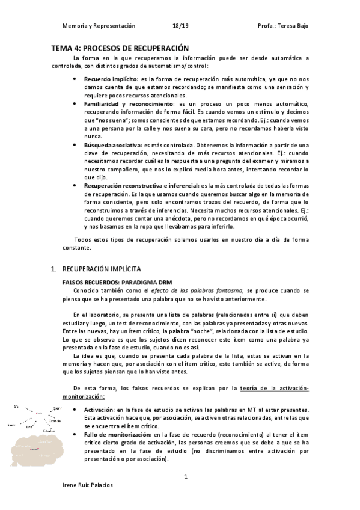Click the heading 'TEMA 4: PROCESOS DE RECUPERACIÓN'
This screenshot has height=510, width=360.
point(120,48)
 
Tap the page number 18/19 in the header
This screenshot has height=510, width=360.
point(180,26)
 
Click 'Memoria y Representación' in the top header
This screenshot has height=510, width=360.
point(99,26)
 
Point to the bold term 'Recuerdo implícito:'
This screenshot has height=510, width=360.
point(111,79)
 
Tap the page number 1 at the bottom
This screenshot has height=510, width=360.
point(186,476)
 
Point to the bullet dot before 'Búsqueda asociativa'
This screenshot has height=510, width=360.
point(74,146)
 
